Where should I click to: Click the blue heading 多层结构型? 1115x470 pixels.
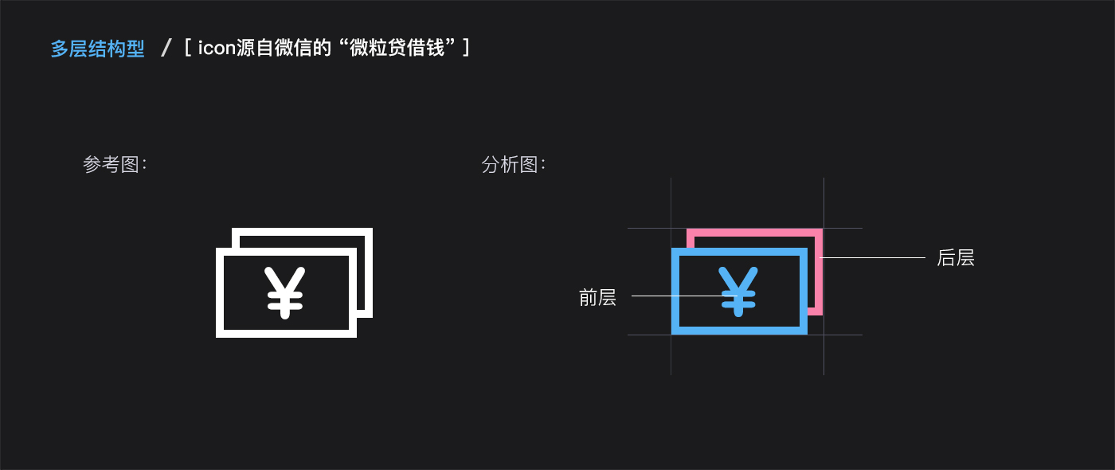point(98,49)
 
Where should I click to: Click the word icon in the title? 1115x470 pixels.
point(217,49)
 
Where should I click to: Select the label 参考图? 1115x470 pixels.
point(112,165)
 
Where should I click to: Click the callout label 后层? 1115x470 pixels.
point(956,257)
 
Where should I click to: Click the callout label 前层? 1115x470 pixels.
point(597,298)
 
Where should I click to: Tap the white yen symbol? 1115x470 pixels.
point(285,292)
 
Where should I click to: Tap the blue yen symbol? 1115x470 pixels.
point(738,291)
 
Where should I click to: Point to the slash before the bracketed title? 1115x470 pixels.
point(166,49)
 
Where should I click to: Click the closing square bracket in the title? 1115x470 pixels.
point(466,49)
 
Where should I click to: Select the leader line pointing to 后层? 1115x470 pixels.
point(874,257)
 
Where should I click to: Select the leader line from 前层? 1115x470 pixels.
point(677,296)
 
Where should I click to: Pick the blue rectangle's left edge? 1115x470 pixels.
point(675,291)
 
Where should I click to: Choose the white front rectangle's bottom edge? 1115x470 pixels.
point(286,334)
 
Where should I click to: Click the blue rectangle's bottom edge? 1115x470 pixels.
point(739,331)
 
